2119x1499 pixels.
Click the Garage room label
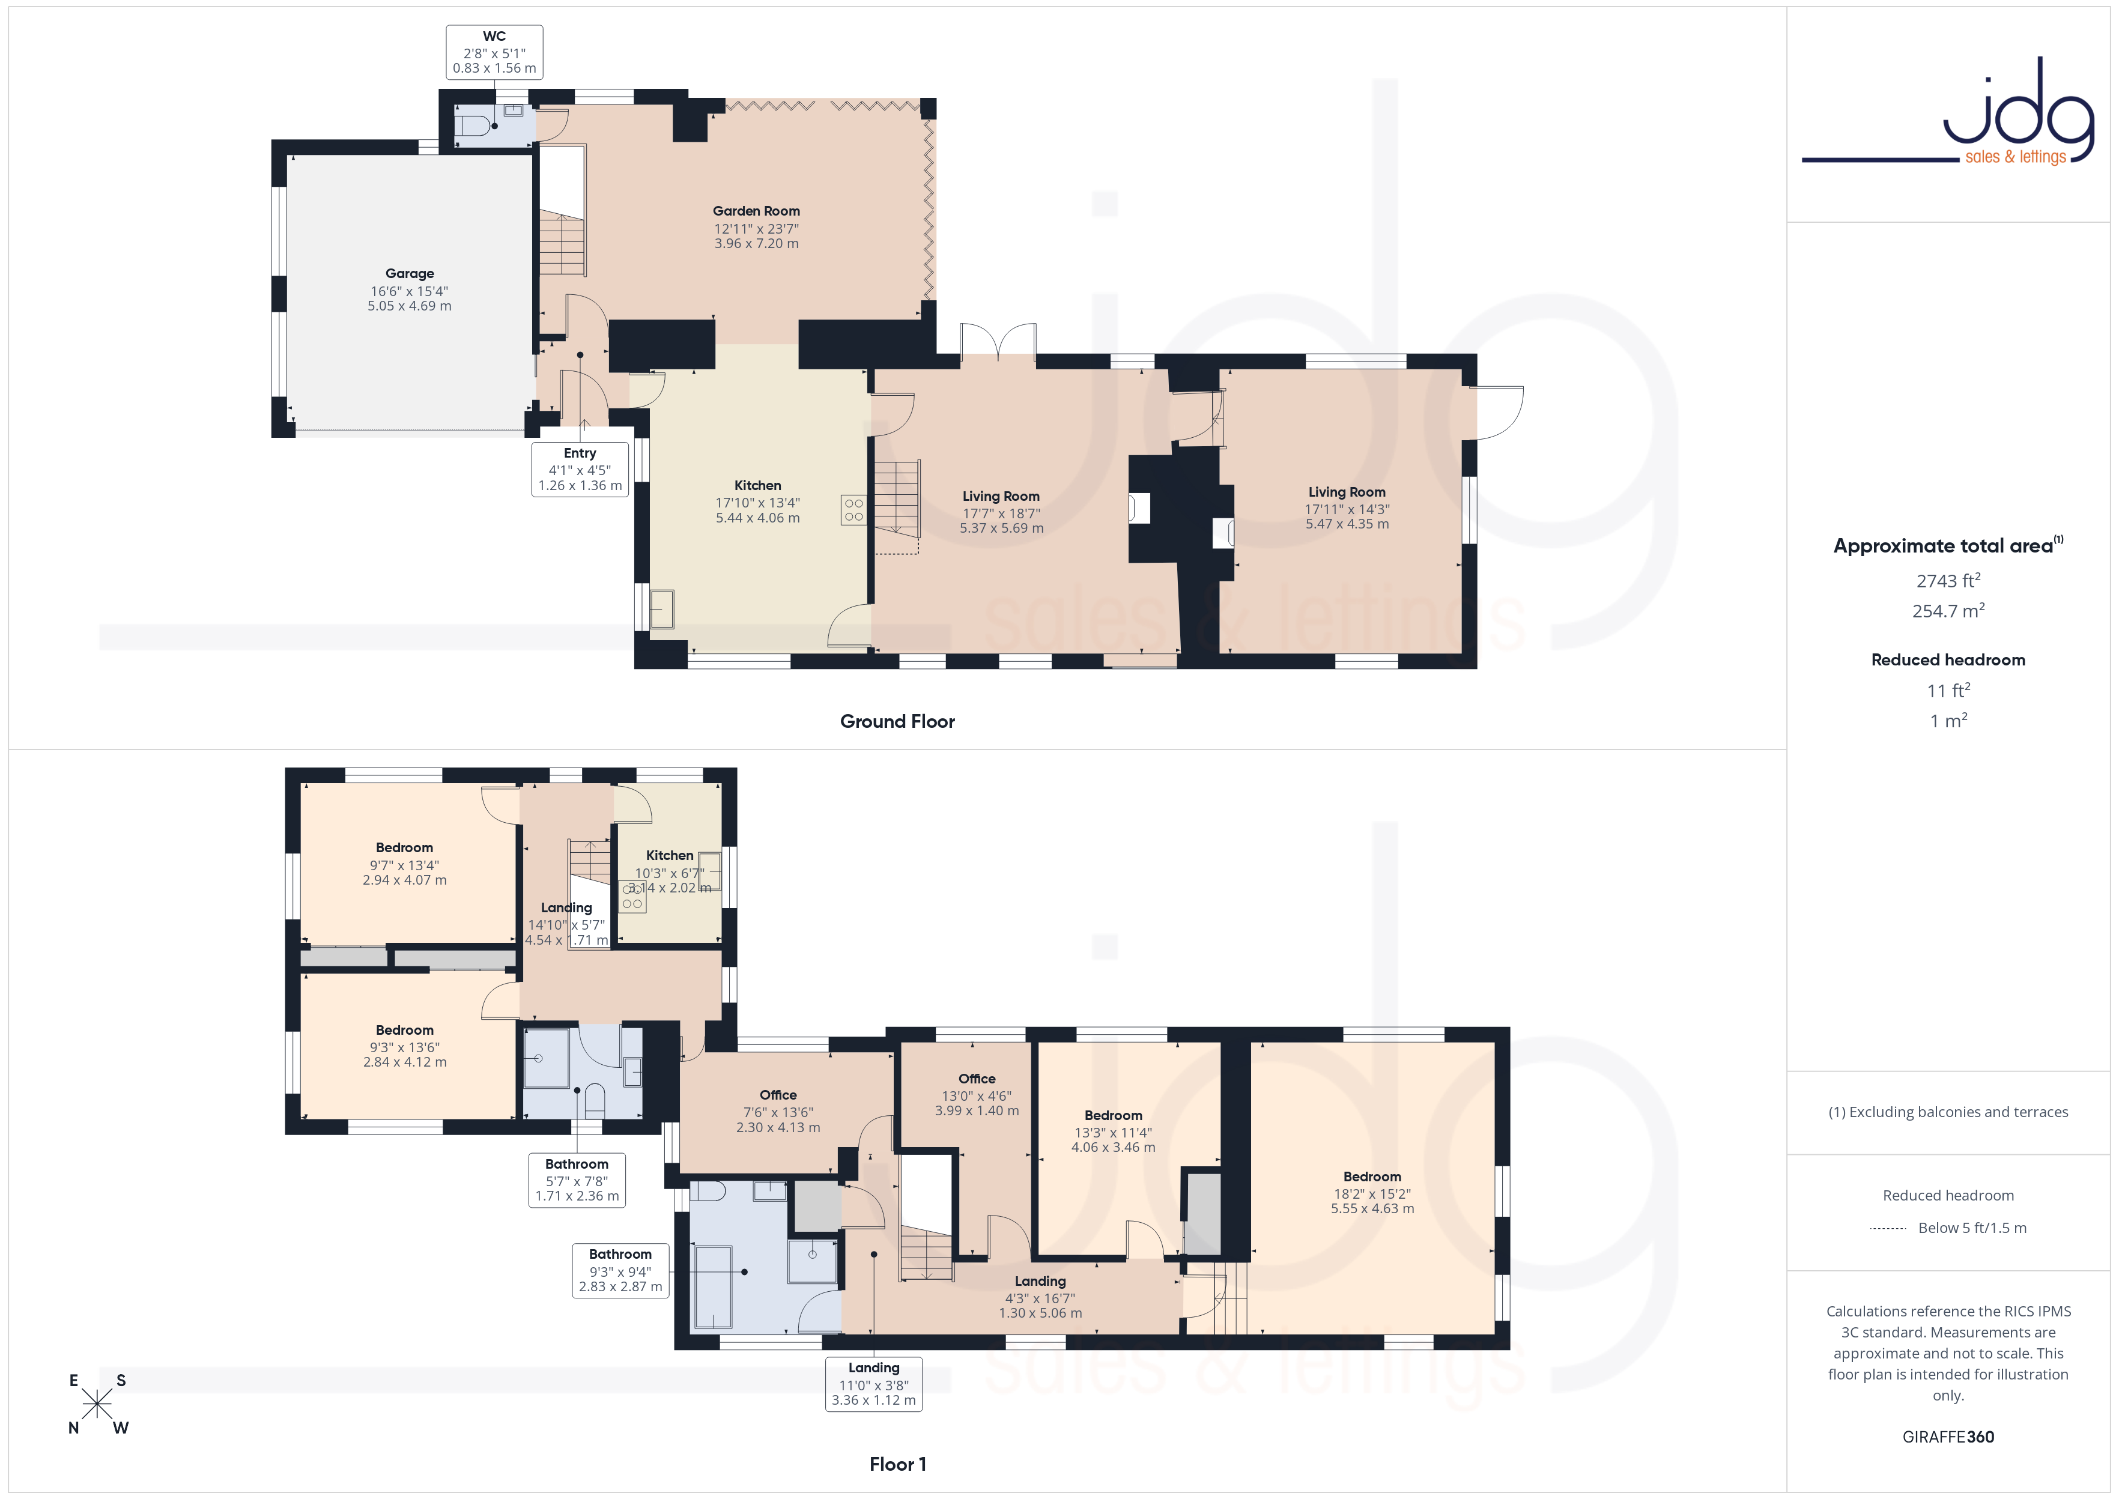point(409,289)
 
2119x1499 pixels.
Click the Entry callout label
point(580,469)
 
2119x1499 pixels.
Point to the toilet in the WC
point(473,126)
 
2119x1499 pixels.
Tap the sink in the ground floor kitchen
point(662,609)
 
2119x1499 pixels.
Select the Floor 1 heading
point(897,1464)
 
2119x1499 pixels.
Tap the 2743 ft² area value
point(1948,581)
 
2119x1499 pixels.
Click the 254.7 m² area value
point(1948,611)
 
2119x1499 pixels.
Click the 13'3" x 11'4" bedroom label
point(1113,1131)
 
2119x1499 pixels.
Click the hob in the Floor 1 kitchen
point(633,896)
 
